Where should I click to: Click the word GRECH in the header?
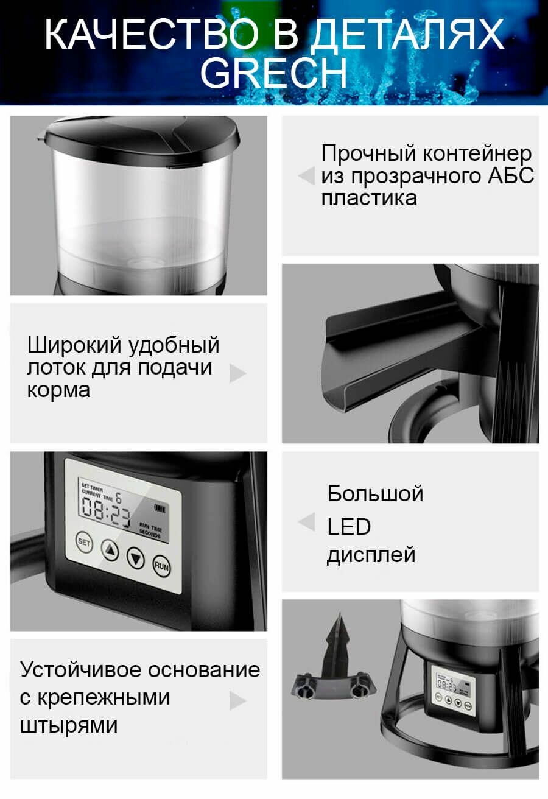(x=273, y=72)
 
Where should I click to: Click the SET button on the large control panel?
(x=84, y=541)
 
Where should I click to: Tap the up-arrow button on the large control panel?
(x=110, y=550)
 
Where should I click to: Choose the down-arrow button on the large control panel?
(x=135, y=557)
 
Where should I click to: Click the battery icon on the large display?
(x=161, y=507)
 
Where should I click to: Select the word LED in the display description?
(x=349, y=527)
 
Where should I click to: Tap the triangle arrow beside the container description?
(x=306, y=176)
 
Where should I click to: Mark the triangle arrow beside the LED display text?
(x=306, y=522)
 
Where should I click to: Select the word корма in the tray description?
(x=58, y=390)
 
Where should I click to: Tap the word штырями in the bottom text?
(x=69, y=725)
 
